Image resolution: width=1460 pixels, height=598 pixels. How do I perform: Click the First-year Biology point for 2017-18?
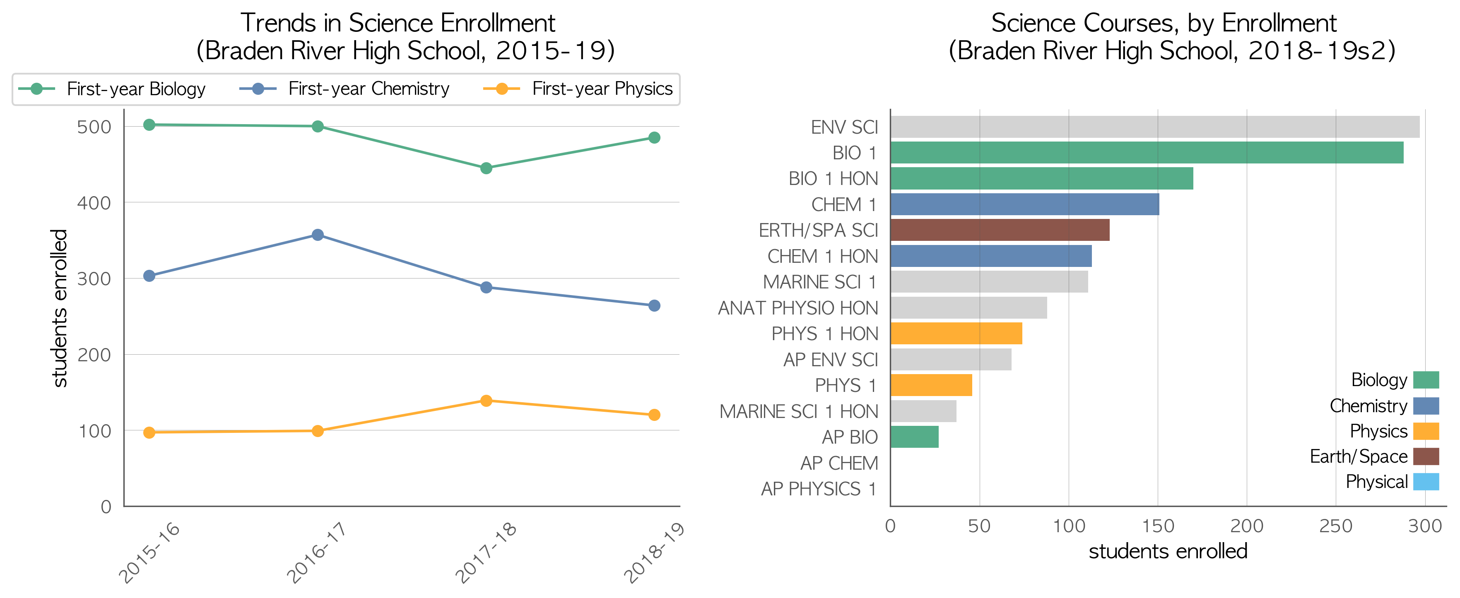click(486, 168)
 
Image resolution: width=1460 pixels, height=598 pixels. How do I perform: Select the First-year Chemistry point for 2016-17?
click(318, 235)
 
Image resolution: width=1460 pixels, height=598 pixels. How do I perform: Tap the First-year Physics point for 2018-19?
click(654, 415)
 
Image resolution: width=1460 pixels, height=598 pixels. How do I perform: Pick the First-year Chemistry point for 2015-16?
click(149, 276)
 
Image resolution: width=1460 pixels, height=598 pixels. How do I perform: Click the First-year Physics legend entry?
click(578, 89)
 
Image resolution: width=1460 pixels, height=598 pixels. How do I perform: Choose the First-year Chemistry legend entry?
click(344, 89)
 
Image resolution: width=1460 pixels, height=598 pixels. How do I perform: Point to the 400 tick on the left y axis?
click(94, 203)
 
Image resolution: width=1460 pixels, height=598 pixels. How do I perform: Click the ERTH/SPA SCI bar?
click(1000, 230)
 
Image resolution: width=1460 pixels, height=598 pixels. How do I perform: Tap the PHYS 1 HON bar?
click(956, 334)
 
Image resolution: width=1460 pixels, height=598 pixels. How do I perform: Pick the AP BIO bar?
click(914, 437)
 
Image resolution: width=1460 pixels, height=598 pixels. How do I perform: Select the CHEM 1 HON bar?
click(991, 256)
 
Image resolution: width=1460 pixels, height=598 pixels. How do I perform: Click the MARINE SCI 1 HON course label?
click(799, 412)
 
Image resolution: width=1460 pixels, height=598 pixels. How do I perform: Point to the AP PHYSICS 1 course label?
click(819, 489)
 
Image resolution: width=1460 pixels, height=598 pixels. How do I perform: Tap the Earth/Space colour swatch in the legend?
click(1426, 456)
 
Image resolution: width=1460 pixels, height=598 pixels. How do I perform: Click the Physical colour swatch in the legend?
click(1426, 482)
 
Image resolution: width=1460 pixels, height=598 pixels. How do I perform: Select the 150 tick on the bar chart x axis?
click(1158, 526)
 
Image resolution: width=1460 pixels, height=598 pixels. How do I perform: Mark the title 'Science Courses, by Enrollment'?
click(1164, 23)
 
